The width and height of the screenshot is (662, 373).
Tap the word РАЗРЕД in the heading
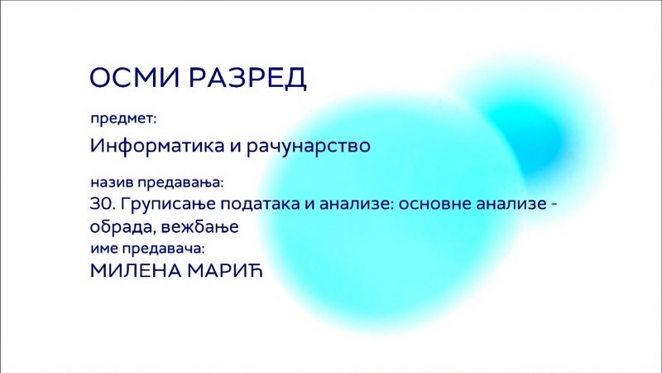point(247,78)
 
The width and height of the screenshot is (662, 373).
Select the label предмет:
point(123,119)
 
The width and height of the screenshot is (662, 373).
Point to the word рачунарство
point(308,147)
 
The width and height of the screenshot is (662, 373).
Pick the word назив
point(112,182)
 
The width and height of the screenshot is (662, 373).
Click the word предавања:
point(180,183)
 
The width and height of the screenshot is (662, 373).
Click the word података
point(261,205)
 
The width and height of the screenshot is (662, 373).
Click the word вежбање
point(199,227)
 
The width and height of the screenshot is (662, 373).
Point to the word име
point(104,249)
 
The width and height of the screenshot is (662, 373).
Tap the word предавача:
point(163,249)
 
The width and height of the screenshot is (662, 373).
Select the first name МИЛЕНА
point(136,271)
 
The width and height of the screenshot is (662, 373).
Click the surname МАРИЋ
point(225,271)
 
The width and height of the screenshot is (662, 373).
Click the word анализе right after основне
point(511,205)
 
